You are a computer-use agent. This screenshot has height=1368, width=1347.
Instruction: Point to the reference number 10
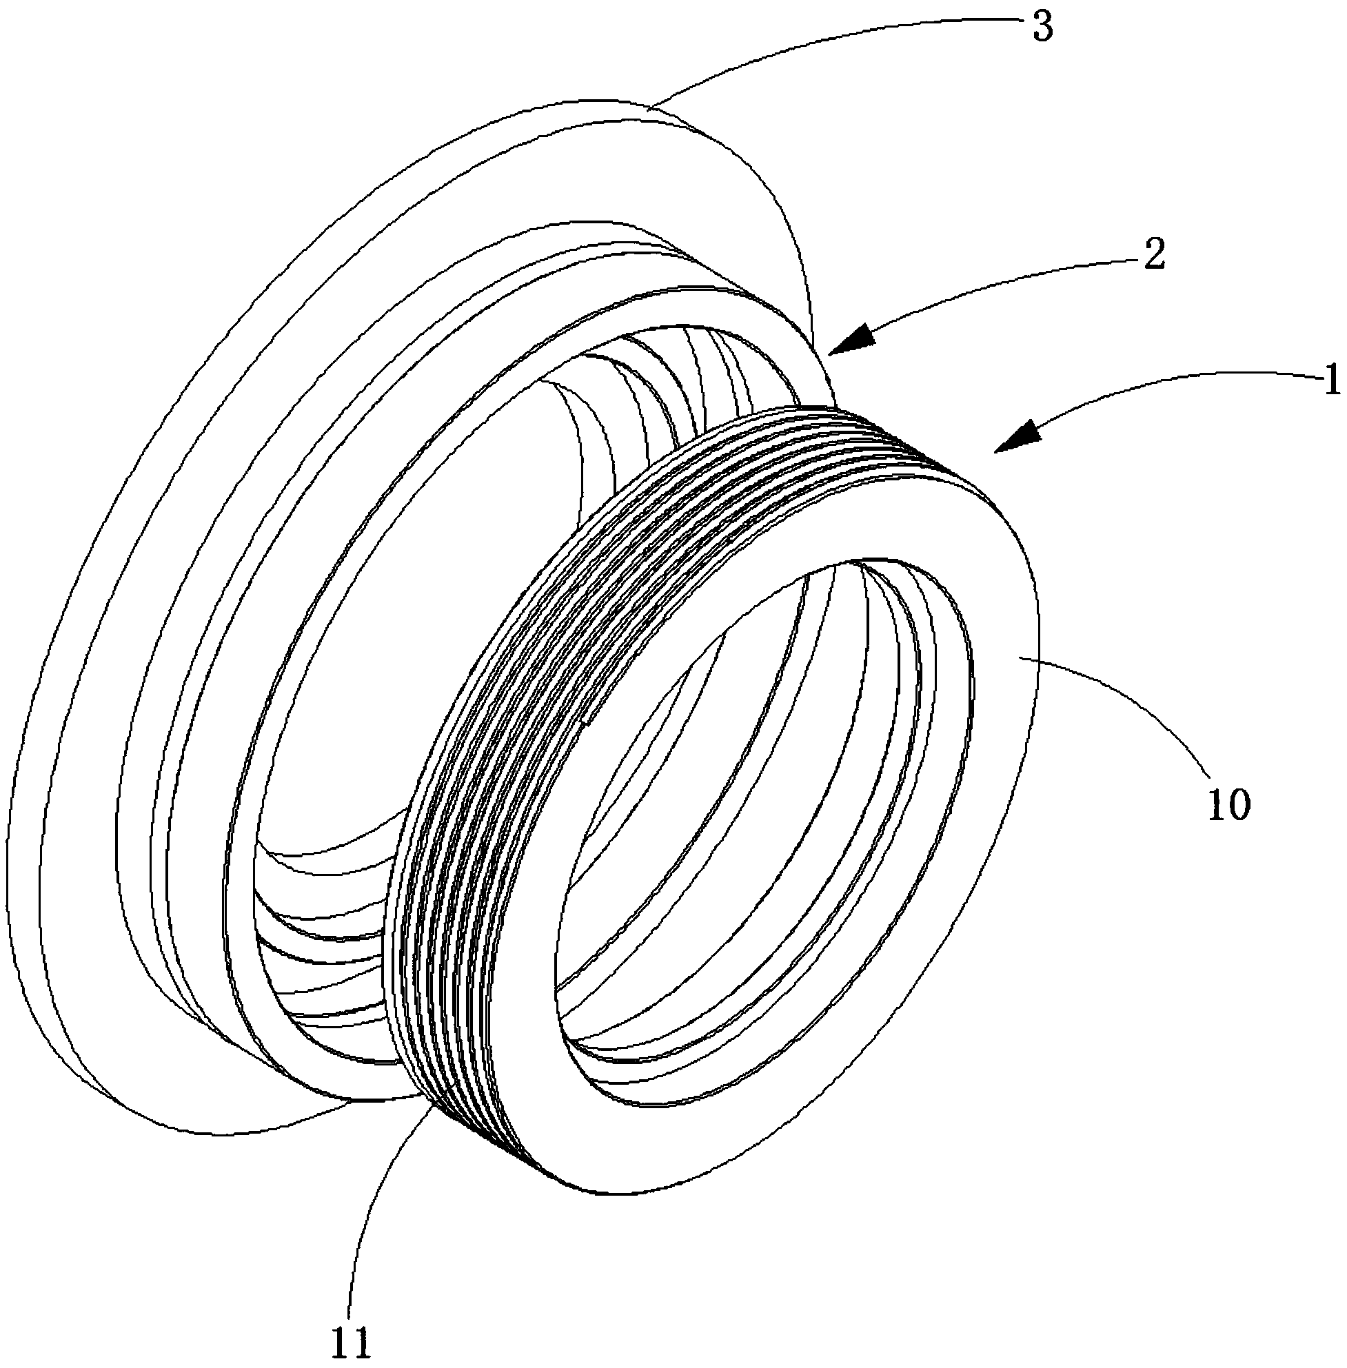[x=1230, y=805]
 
